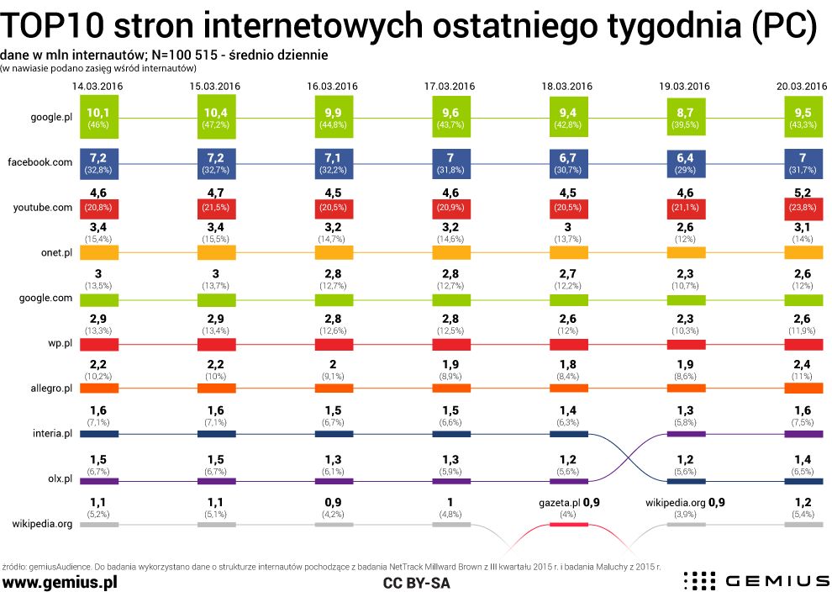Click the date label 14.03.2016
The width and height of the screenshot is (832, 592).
99,86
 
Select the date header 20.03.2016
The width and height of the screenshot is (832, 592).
803,86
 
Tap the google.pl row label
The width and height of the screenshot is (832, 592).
50,118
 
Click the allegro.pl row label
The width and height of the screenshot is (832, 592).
47,388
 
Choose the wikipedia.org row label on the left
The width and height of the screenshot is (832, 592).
41,523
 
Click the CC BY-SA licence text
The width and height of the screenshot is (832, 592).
416,582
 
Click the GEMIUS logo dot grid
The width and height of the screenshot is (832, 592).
698,580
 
